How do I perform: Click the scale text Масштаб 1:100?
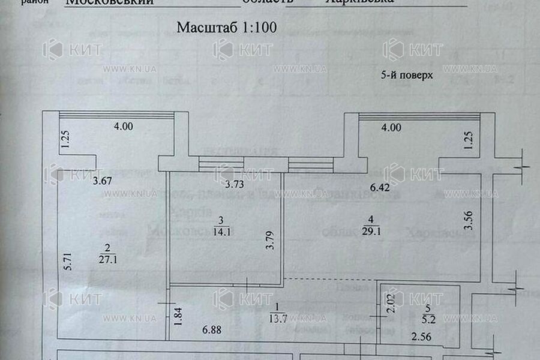coord(226,28)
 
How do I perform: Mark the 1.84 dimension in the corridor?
coord(178,316)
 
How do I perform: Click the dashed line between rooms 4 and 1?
coord(330,280)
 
